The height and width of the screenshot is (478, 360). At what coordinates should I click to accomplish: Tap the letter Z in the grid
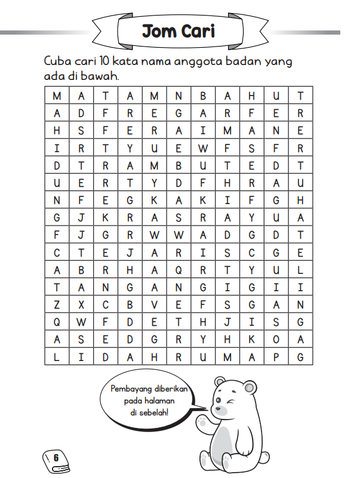(x=57, y=304)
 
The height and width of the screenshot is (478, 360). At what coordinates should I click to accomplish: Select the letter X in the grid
(x=81, y=304)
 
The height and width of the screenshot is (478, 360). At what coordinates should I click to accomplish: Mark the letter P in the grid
(x=276, y=357)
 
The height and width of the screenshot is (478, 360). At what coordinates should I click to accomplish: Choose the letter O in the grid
(x=276, y=340)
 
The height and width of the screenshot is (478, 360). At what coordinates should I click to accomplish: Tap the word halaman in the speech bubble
(x=154, y=402)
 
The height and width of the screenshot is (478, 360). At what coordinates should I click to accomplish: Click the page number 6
(x=56, y=458)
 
